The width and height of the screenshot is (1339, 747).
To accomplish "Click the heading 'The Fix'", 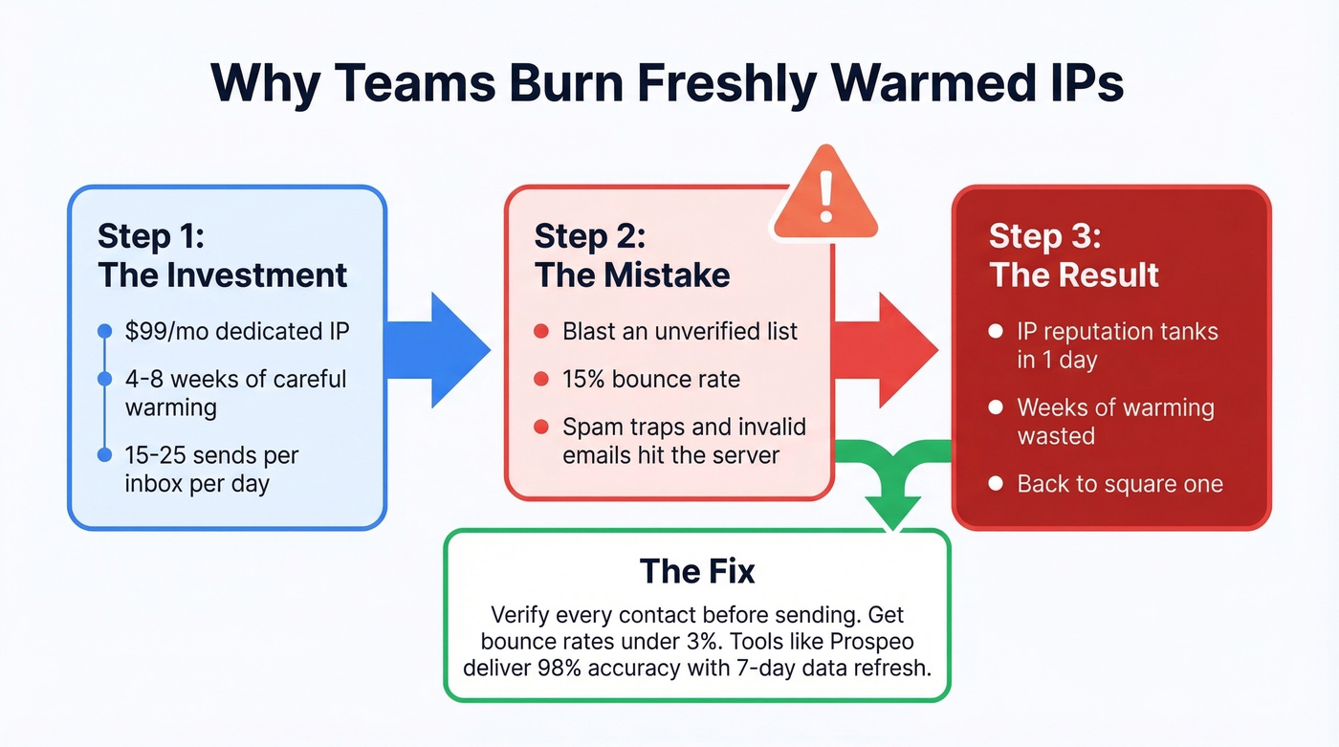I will tap(697, 572).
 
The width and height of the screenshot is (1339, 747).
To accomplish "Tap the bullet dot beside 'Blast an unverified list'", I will tap(541, 332).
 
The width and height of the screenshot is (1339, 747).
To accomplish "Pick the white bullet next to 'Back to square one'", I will tap(996, 484).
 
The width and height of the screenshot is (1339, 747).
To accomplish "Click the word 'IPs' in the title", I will tap(1084, 84).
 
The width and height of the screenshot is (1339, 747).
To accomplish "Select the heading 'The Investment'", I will tap(223, 275).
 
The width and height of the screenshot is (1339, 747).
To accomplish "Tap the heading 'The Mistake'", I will tap(632, 275).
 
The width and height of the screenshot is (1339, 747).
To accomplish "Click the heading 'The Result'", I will tap(1074, 275).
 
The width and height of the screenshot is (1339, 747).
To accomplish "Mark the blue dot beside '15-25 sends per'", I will tap(105, 456).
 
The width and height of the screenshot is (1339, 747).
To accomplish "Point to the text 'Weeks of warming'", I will tap(1115, 408).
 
